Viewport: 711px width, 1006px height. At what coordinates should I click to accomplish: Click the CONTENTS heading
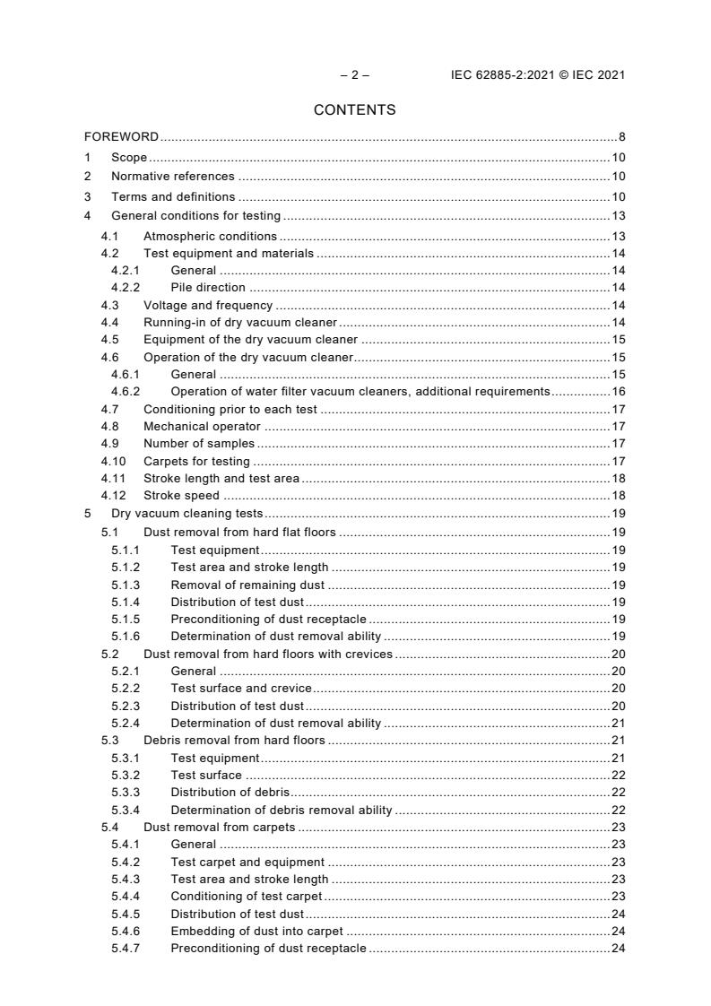[x=355, y=110]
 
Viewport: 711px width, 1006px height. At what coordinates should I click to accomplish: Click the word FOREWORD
[x=121, y=137]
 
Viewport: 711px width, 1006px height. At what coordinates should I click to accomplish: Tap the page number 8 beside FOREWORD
[x=621, y=137]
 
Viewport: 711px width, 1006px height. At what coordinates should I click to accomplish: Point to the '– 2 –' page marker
[x=355, y=75]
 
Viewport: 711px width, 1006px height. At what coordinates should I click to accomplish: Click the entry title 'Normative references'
[x=173, y=177]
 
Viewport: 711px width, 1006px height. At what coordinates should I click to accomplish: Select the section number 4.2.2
[x=126, y=288]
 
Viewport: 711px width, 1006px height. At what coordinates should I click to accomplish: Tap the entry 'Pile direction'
[x=208, y=288]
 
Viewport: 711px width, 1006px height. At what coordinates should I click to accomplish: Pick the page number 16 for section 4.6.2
[x=619, y=392]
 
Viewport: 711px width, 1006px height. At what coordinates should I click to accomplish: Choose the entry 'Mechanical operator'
[x=202, y=427]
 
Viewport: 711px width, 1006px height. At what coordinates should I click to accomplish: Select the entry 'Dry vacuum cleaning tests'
[x=186, y=514]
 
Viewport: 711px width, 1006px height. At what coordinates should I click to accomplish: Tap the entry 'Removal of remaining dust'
[x=247, y=585]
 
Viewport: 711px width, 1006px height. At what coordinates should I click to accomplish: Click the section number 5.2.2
[x=126, y=688]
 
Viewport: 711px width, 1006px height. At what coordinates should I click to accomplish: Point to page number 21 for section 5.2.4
[x=619, y=723]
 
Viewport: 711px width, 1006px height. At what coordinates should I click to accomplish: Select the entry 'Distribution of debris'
[x=230, y=793]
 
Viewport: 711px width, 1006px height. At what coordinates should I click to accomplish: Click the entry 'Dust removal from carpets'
[x=219, y=828]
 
